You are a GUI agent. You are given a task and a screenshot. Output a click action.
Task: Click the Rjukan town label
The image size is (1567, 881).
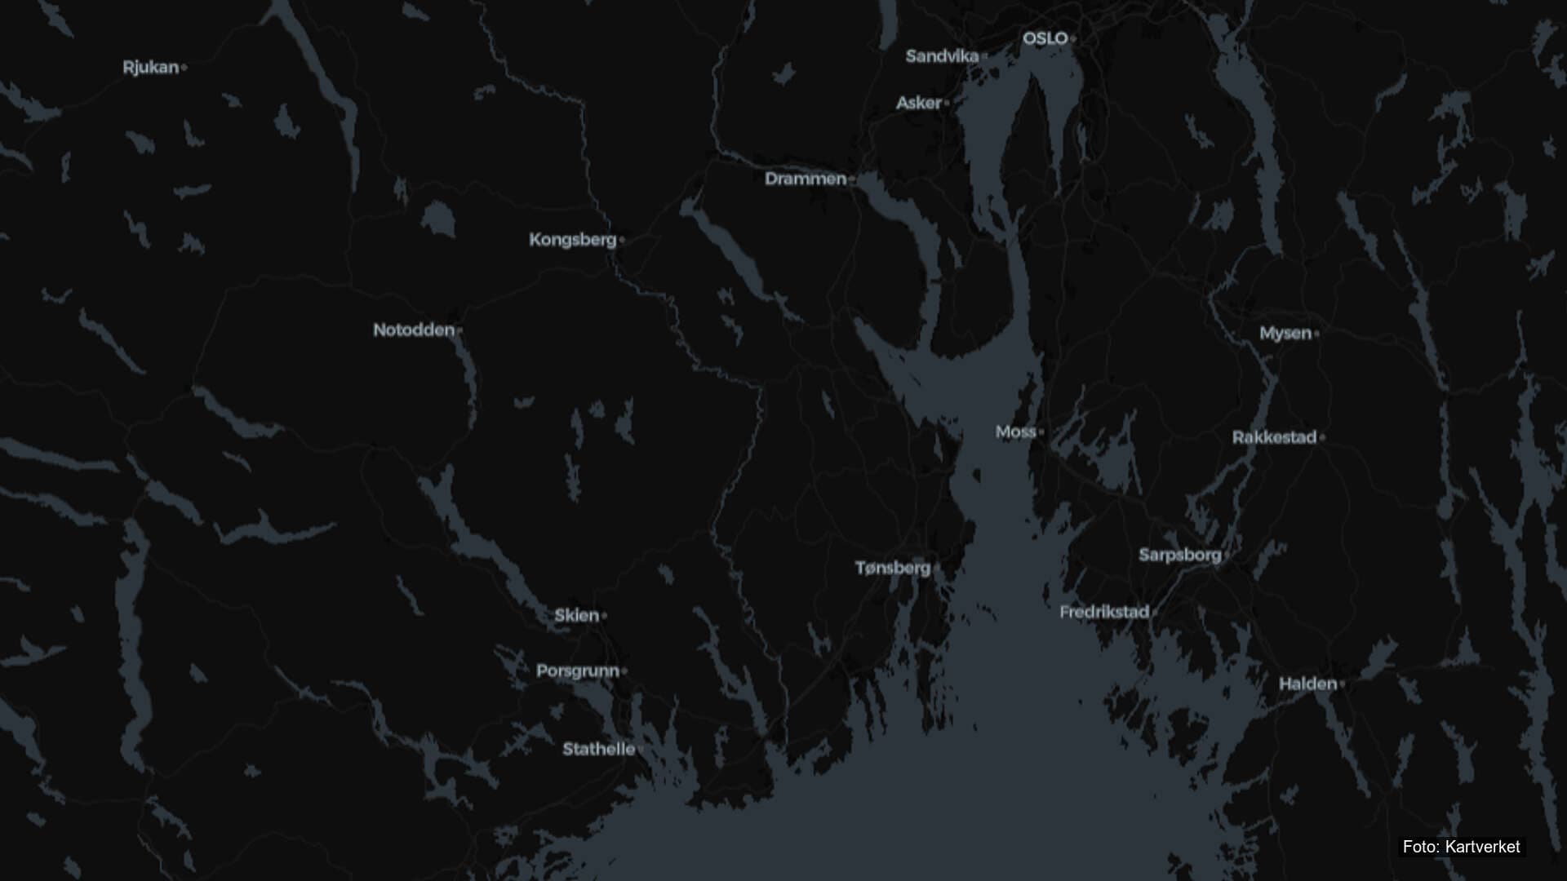(x=151, y=68)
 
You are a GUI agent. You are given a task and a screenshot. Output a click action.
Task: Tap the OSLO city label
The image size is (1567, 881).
(x=1045, y=38)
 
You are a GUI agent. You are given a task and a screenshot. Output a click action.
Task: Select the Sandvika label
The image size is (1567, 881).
(x=942, y=56)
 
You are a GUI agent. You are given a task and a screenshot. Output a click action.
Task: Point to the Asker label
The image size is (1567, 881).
(x=919, y=103)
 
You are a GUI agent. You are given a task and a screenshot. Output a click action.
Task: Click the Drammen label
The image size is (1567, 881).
(x=806, y=179)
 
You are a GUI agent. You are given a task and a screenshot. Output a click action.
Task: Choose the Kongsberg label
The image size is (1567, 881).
(x=572, y=240)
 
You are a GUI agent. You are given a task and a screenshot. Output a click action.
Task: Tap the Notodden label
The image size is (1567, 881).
(x=414, y=330)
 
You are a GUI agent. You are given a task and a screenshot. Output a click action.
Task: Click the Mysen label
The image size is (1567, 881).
(x=1285, y=333)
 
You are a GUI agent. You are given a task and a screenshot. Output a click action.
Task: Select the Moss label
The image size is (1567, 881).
(x=1015, y=432)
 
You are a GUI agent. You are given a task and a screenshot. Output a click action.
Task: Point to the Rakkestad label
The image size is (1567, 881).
(x=1274, y=437)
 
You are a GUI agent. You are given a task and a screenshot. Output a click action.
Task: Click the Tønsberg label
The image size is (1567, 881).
(x=893, y=568)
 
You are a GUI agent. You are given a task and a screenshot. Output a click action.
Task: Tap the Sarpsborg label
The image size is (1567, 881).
(x=1180, y=556)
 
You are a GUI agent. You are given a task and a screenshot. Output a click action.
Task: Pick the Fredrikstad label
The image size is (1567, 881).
(x=1104, y=612)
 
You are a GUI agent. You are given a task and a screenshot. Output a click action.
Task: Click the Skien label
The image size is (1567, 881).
(x=577, y=616)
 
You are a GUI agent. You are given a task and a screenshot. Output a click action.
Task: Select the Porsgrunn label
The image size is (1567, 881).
(x=578, y=671)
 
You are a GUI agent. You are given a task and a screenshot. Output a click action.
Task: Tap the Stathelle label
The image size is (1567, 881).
(x=598, y=749)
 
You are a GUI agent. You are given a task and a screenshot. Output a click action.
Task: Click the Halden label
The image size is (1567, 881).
(x=1307, y=684)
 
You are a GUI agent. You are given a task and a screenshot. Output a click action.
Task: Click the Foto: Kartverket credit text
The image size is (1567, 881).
(x=1461, y=847)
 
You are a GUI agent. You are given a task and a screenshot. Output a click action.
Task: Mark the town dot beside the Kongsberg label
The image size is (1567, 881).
(x=622, y=240)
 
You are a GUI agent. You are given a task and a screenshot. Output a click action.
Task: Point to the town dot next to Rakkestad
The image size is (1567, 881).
(x=1322, y=437)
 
